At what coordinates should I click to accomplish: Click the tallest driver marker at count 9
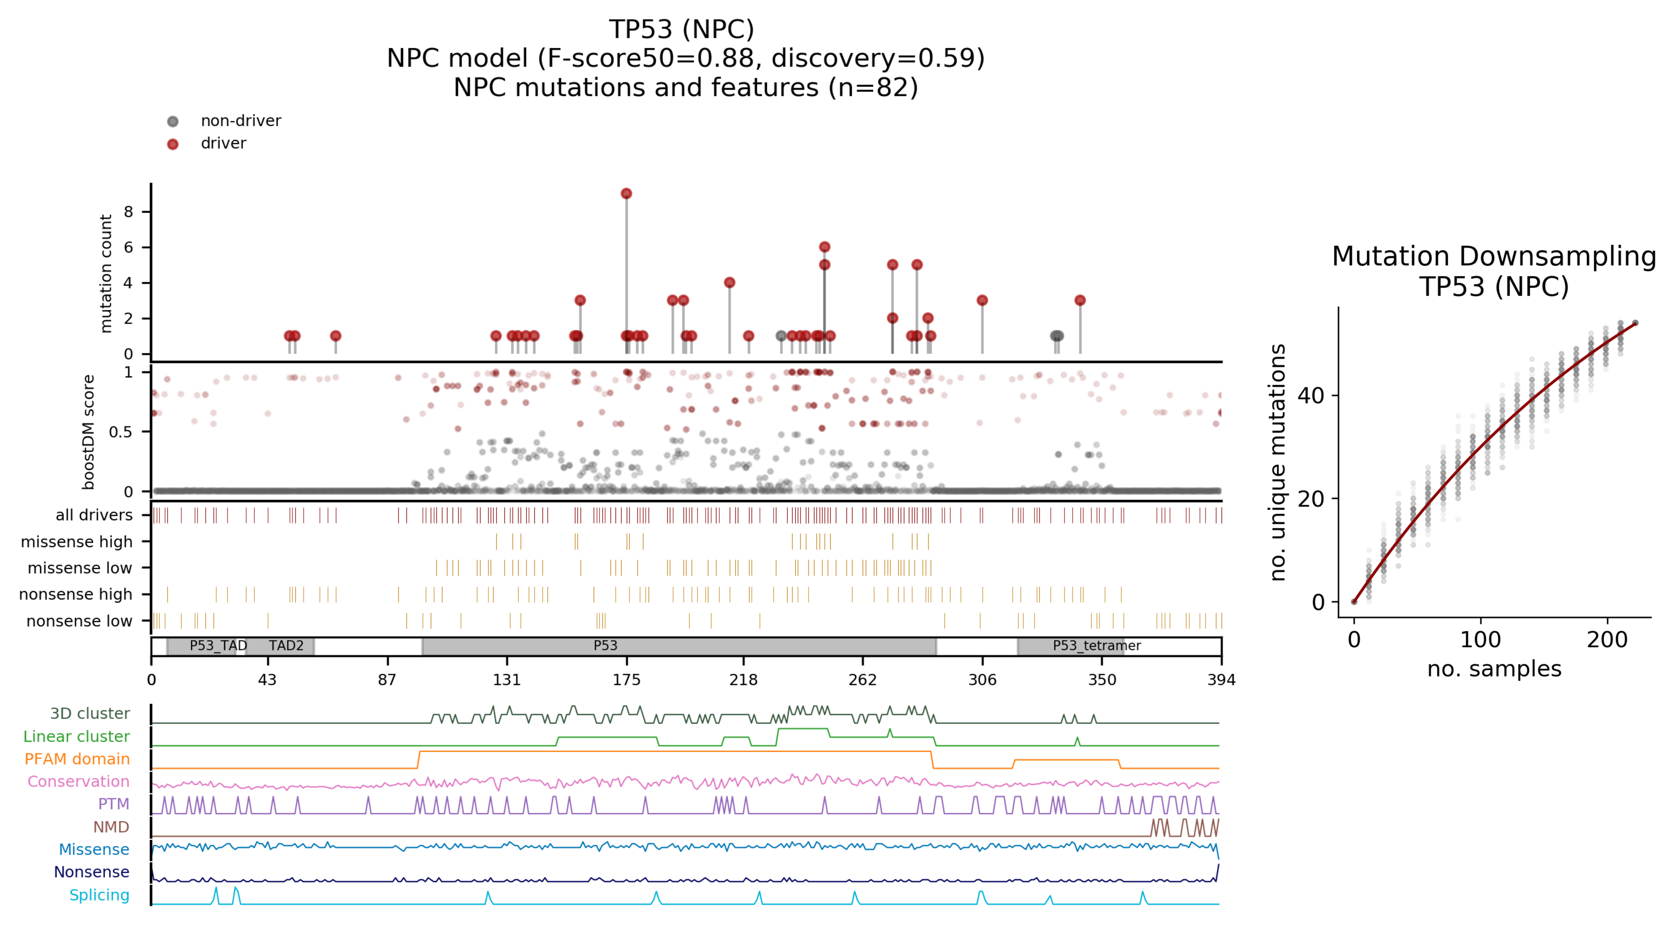click(x=626, y=193)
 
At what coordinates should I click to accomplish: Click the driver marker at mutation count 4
click(x=729, y=283)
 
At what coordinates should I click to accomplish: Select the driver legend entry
click(x=223, y=143)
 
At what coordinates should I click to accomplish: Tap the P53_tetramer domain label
click(x=1096, y=646)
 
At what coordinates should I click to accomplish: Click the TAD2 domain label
click(x=286, y=646)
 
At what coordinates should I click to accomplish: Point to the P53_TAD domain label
click(x=218, y=646)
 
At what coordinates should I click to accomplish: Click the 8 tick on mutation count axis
click(x=128, y=212)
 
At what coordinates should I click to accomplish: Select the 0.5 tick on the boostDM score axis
click(x=121, y=432)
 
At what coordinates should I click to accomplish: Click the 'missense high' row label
click(x=77, y=541)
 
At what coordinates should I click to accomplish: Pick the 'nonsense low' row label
click(x=79, y=621)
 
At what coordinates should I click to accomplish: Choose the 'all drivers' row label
click(x=94, y=515)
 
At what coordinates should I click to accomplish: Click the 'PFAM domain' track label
click(x=77, y=759)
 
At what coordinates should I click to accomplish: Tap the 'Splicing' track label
click(x=99, y=895)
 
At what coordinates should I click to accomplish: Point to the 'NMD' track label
click(x=111, y=827)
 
